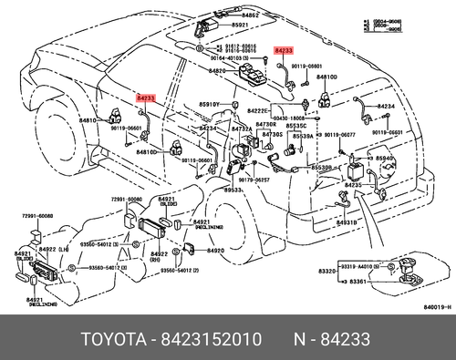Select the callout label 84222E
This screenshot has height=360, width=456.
[261, 110]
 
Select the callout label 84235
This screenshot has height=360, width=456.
[354, 185]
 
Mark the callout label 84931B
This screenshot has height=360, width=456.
[345, 222]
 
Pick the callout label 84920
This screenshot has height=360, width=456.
[215, 250]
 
